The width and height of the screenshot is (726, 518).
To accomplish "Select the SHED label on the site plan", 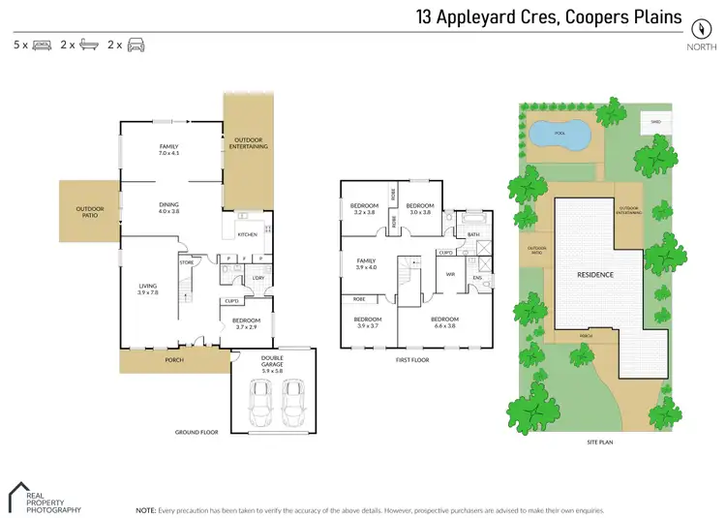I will (x=655, y=122).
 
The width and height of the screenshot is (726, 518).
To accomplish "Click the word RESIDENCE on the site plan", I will (x=595, y=275).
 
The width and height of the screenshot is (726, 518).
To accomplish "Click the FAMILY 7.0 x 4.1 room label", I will (x=169, y=149).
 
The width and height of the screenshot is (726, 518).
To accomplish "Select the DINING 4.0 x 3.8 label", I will (x=169, y=207).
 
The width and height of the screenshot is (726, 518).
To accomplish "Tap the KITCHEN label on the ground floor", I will (x=247, y=234).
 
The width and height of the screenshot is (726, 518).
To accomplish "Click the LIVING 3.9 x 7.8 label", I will (x=148, y=289).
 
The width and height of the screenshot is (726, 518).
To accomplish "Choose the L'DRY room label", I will (x=257, y=279).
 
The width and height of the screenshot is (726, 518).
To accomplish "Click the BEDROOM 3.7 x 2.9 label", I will (x=246, y=322).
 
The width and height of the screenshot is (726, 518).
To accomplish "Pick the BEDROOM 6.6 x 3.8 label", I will (x=444, y=322).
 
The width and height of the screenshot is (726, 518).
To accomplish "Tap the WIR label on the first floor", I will (x=450, y=274).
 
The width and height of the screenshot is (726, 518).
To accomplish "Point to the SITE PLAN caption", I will (x=599, y=442).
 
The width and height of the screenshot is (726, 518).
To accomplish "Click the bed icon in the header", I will (x=42, y=45).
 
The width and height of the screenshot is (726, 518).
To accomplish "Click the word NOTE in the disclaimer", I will (x=145, y=508).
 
